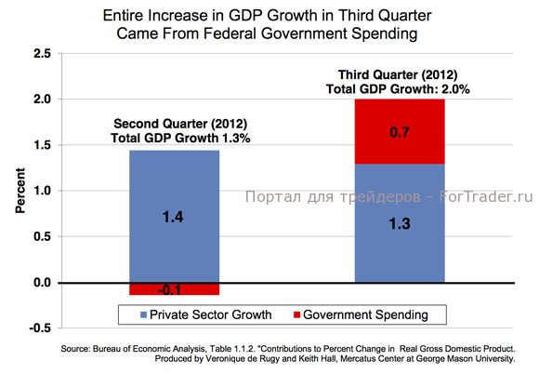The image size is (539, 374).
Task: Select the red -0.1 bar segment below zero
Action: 174,288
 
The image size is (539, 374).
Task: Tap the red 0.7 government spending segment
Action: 401,131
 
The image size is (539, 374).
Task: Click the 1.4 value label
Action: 174,219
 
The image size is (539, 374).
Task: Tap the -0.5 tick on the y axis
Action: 39,327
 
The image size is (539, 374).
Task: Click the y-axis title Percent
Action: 18,191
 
